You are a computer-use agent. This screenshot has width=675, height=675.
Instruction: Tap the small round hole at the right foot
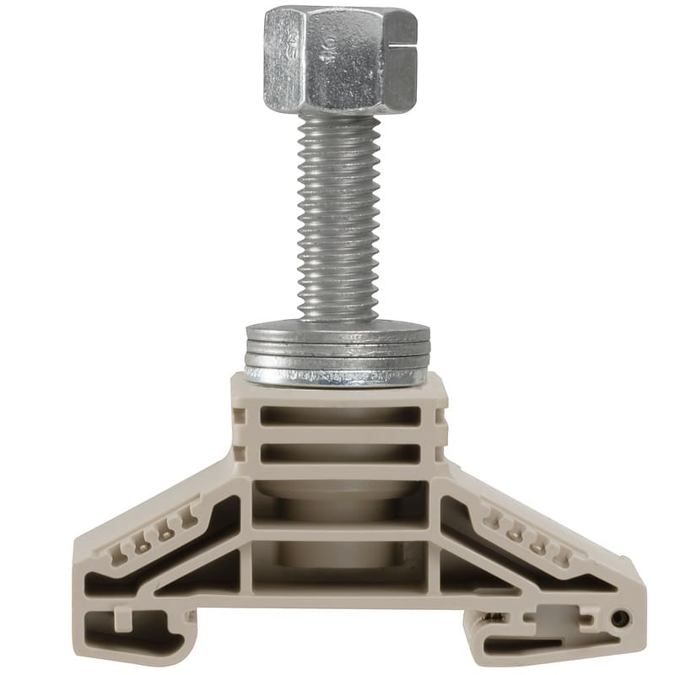[622, 619]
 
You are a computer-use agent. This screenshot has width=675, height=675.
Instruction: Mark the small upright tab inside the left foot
[123, 621]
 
